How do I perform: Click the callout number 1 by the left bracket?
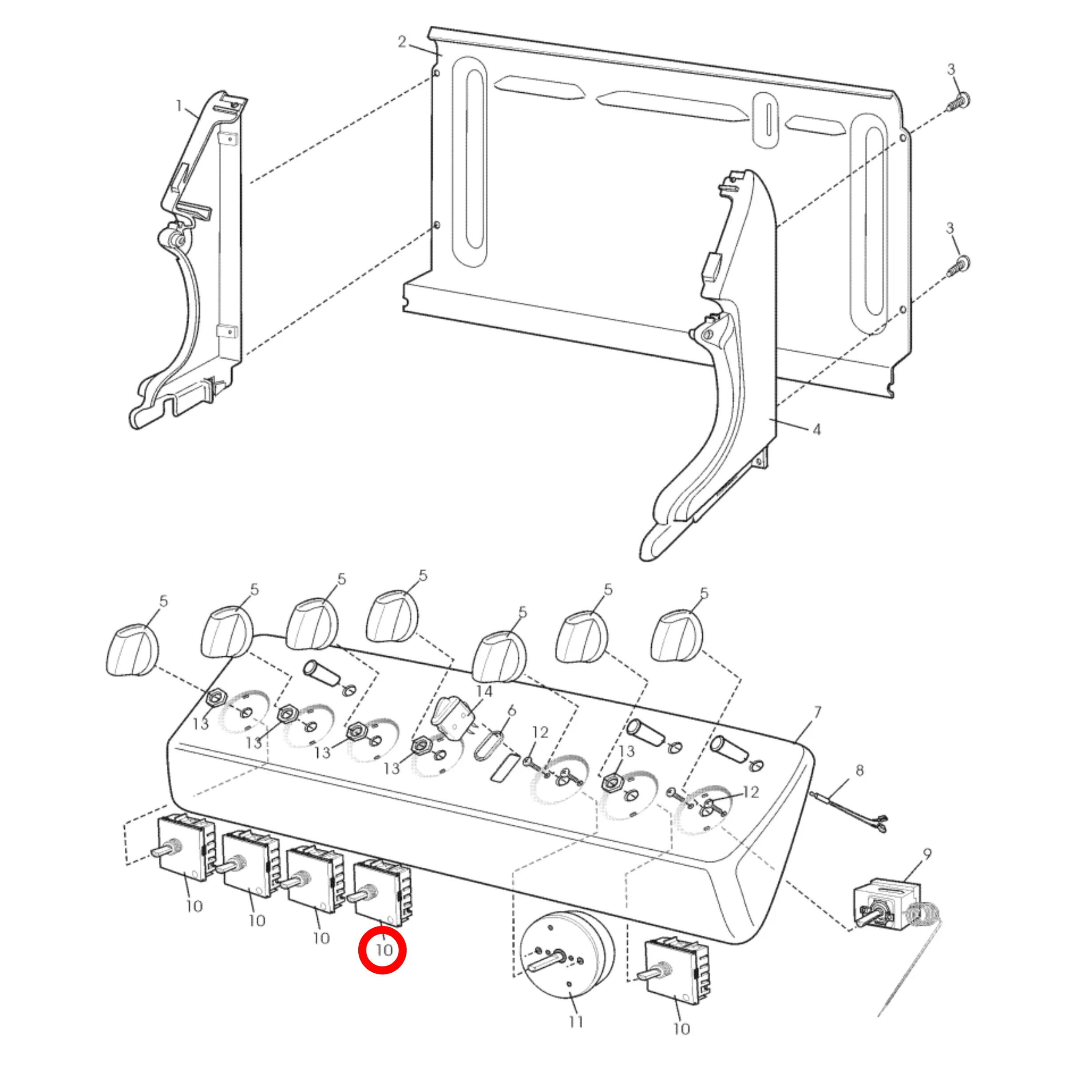(x=179, y=105)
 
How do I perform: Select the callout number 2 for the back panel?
(x=402, y=41)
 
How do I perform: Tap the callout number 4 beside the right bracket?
(x=817, y=429)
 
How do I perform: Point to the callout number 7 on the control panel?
(x=817, y=713)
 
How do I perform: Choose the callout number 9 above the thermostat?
(x=927, y=854)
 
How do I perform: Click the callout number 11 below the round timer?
(x=576, y=1021)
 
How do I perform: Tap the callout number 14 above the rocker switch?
(x=483, y=691)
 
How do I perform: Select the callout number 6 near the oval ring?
(x=512, y=710)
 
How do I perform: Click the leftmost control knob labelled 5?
(x=132, y=651)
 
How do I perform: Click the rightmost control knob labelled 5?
(x=676, y=636)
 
